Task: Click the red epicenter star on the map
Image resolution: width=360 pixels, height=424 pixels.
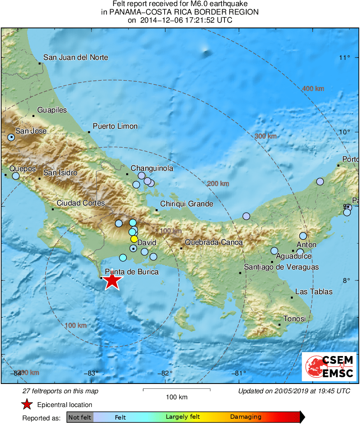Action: [112, 281]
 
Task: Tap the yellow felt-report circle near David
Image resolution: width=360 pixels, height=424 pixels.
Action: [134, 239]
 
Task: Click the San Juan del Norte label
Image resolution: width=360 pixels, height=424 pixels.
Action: [76, 57]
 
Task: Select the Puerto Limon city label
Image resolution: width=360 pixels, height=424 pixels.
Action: [115, 126]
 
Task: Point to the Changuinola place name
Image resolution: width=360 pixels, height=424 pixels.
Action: [152, 168]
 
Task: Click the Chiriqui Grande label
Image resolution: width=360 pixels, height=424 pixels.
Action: [187, 204]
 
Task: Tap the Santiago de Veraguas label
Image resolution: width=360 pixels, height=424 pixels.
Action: [281, 267]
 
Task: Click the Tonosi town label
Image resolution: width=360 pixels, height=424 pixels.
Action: [294, 319]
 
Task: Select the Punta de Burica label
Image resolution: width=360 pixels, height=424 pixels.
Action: [131, 272]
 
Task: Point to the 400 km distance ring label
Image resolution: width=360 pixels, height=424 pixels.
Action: [313, 89]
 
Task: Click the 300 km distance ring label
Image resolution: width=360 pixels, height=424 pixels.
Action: [265, 136]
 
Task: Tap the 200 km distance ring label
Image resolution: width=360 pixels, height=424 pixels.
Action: [218, 184]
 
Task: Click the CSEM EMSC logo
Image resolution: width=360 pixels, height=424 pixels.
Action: [329, 367]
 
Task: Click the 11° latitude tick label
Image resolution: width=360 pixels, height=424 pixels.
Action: [345, 57]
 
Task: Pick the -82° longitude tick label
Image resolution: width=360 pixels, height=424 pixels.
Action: [165, 373]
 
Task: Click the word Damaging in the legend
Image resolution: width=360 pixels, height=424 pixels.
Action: [246, 417]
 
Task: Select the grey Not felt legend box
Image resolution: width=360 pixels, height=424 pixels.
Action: [80, 417]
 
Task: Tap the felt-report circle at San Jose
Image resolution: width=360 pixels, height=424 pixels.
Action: [11, 138]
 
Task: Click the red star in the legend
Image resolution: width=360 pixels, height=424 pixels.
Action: [27, 404]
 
